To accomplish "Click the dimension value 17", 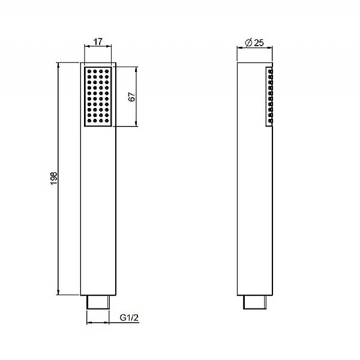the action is [98, 42].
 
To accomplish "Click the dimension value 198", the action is [54, 178].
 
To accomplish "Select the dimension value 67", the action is [131, 97].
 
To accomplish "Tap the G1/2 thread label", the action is [129, 317].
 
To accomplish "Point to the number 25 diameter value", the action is [259, 43].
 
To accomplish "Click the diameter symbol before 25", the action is [248, 43].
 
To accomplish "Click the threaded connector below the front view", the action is [98, 302].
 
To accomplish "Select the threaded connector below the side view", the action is [254, 302].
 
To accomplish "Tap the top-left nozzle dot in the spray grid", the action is [89, 71].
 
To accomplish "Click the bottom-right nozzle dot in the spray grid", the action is [107, 121].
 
